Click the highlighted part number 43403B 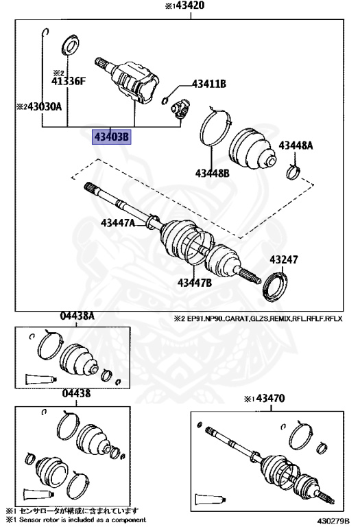[111, 137]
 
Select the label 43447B [195, 282]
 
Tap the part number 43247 [283, 260]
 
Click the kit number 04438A [77, 316]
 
